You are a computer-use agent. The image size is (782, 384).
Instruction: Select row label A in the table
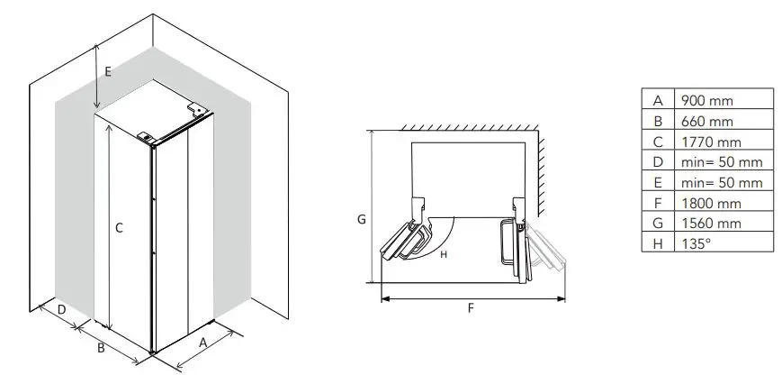pyautogui.click(x=657, y=99)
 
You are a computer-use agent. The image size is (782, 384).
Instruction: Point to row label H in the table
pyautogui.click(x=657, y=243)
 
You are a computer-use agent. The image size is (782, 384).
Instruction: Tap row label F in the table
pyautogui.click(x=657, y=203)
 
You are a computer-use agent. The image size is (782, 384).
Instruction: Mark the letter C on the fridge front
pyautogui.click(x=119, y=229)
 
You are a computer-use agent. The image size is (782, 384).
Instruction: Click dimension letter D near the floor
pyautogui.click(x=60, y=310)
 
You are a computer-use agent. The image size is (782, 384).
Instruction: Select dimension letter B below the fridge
pyautogui.click(x=102, y=346)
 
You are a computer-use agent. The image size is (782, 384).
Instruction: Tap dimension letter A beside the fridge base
pyautogui.click(x=202, y=342)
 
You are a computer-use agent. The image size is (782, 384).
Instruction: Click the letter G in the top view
pyautogui.click(x=361, y=219)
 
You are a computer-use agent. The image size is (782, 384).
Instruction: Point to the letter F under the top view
pyautogui.click(x=471, y=307)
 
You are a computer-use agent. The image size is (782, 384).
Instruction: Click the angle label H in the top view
pyautogui.click(x=444, y=254)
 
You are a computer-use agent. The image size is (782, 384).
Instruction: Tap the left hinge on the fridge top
pyautogui.click(x=146, y=137)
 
